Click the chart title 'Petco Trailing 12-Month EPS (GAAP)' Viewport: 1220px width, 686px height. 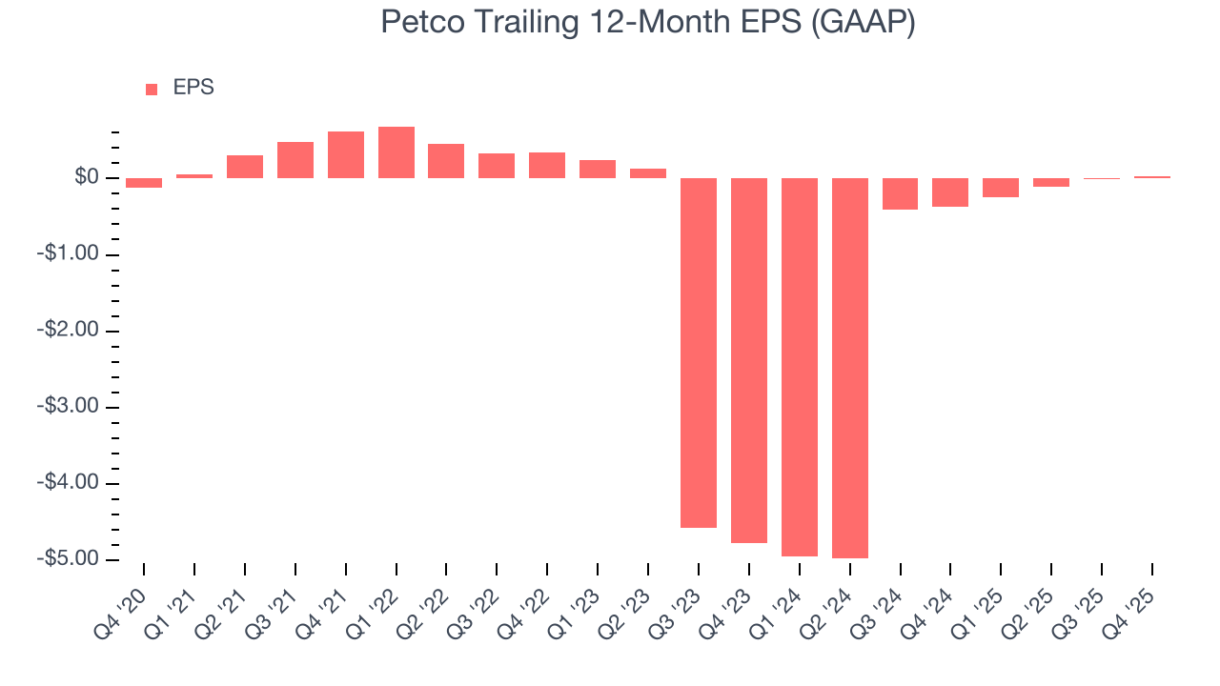pos(648,22)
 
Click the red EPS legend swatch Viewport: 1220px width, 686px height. pos(152,89)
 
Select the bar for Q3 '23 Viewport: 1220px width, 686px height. pos(698,353)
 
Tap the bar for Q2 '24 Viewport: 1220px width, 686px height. pos(849,368)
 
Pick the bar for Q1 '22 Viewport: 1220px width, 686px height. pos(396,152)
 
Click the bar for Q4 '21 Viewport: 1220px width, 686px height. pos(345,155)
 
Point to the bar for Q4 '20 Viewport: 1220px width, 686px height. pos(144,183)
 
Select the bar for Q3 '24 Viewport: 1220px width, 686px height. pos(900,193)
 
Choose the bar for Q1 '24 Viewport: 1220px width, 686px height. pos(799,367)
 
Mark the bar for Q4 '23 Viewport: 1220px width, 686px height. pos(748,360)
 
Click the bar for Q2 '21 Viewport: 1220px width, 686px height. pos(245,167)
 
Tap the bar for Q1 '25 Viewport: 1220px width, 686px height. pos(1001,188)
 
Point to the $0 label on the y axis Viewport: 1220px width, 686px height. pos(87,178)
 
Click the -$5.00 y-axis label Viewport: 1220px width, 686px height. pos(70,558)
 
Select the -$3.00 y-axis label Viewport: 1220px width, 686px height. pos(70,407)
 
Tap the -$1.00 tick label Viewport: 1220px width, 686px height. pos(70,254)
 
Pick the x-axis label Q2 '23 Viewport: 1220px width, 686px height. pos(630,605)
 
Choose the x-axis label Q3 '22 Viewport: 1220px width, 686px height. pos(479,605)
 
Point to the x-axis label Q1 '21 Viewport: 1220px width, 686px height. pos(177,605)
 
